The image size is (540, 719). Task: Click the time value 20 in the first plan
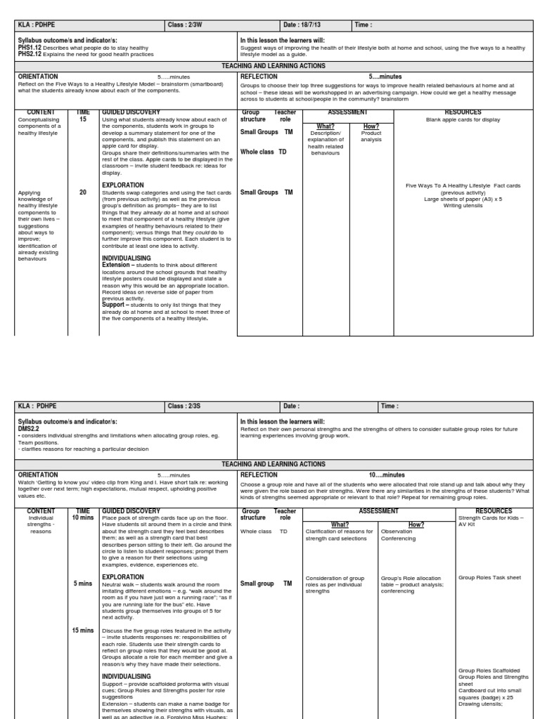83,192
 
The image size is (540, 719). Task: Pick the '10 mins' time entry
83,517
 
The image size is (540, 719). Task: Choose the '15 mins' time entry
83,631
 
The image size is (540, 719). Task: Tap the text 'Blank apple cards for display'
463,120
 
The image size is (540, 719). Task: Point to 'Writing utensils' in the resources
463,205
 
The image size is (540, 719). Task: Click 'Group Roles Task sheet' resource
489,578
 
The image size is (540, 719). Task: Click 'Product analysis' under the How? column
371,136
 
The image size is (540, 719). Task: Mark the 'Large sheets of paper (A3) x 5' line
463,199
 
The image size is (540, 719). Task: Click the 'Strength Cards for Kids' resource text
488,518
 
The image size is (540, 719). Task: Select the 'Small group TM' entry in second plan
266,583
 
